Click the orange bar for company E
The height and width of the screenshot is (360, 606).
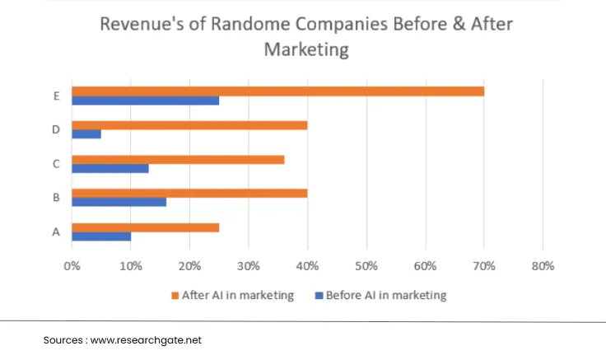[277, 91]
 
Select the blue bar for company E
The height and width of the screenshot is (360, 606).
[145, 101]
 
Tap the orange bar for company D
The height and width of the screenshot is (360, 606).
[189, 125]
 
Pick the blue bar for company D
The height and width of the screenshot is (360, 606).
[86, 134]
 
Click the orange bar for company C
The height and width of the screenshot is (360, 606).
[178, 159]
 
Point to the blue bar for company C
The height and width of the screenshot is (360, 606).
[110, 168]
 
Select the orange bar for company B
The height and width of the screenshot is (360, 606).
[189, 193]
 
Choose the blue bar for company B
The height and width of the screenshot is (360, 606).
[119, 202]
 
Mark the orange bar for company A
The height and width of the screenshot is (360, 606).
[145, 227]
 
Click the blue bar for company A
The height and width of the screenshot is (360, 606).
[101, 236]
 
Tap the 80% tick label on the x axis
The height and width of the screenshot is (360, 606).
[543, 266]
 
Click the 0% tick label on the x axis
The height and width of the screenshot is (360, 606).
[72, 266]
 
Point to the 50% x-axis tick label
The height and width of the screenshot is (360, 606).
[366, 266]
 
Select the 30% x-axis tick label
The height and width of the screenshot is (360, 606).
[249, 266]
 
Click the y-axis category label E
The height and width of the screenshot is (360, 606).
[56, 96]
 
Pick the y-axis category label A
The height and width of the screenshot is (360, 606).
[56, 231]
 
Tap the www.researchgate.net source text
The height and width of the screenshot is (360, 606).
[145, 339]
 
